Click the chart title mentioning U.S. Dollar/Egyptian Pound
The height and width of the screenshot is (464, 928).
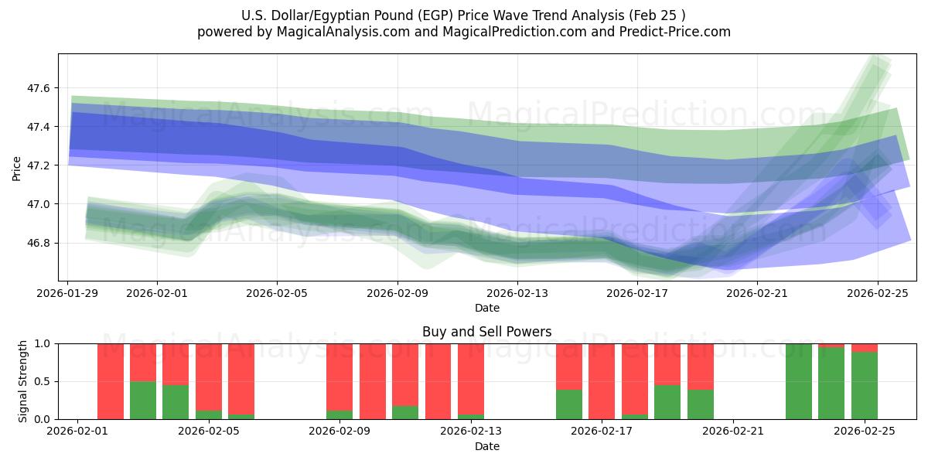point(463,15)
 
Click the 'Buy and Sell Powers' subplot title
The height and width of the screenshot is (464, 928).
point(486,332)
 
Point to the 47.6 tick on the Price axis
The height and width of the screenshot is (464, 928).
point(38,89)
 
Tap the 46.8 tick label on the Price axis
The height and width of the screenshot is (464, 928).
point(38,243)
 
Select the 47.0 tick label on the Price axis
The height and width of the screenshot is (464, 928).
point(38,204)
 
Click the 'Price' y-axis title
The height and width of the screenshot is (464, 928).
point(16,167)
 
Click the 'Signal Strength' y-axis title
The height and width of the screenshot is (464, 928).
point(23,380)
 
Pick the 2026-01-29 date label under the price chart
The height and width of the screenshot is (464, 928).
point(68,293)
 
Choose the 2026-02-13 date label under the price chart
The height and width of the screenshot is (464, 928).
point(517,293)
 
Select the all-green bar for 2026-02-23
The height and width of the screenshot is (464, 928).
point(799,381)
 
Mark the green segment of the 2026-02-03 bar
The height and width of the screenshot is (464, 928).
point(143,400)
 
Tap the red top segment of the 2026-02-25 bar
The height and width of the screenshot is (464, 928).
point(865,348)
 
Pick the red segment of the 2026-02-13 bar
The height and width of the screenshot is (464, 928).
point(471,379)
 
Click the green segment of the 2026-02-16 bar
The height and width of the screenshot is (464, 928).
point(569,404)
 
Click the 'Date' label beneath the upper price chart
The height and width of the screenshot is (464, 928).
point(486,308)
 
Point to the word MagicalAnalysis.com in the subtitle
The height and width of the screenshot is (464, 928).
point(338,32)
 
